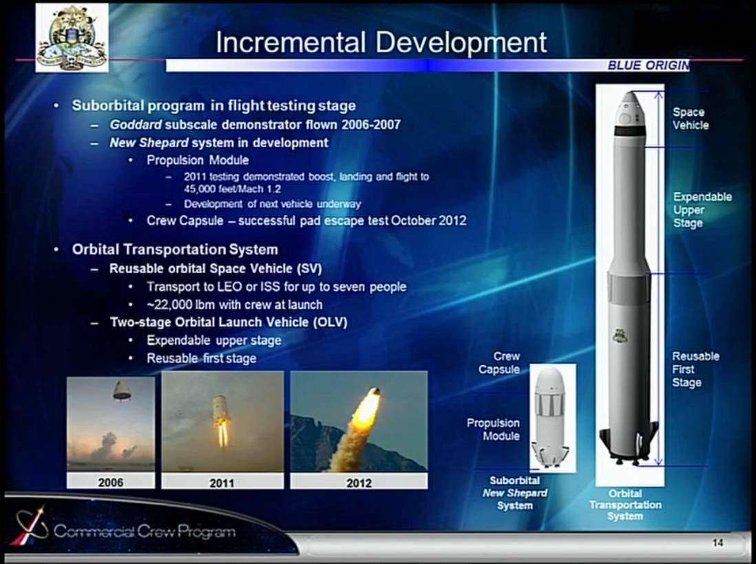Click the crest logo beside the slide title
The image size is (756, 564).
[x=72, y=38]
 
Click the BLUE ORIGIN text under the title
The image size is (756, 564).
[x=649, y=66]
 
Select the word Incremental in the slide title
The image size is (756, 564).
[x=291, y=42]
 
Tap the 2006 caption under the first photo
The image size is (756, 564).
[x=111, y=482]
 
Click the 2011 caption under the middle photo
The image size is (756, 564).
[x=222, y=483]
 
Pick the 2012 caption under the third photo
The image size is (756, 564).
[x=359, y=483]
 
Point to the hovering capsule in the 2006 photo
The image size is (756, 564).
[x=122, y=391]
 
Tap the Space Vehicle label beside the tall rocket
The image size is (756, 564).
[x=691, y=119]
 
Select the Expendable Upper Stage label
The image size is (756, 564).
[x=702, y=210]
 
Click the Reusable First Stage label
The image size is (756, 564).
[x=695, y=370]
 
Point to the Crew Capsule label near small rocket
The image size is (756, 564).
[x=499, y=363]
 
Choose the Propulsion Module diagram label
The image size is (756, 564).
[x=493, y=430]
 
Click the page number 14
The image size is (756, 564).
[x=717, y=543]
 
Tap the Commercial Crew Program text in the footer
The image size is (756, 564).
[x=145, y=531]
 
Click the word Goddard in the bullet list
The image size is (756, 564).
[x=136, y=125]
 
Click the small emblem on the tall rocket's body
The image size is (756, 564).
[x=620, y=335]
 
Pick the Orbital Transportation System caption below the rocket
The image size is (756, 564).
[x=625, y=505]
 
